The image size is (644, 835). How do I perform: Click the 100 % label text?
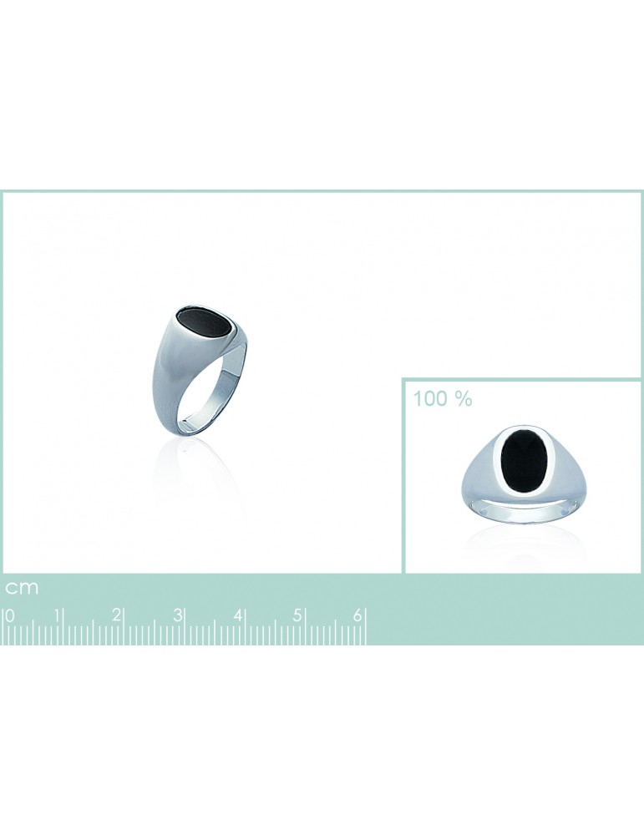[443, 398]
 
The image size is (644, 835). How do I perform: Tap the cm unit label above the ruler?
[22, 588]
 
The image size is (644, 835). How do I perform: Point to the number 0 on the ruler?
[9, 615]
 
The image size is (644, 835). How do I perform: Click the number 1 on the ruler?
[57, 615]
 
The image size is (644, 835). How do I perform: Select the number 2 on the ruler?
[116, 615]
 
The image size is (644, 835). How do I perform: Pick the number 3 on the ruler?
[177, 615]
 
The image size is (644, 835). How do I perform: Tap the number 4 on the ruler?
[237, 615]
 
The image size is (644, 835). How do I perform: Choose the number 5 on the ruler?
[297, 615]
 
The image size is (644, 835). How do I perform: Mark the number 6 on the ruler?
[357, 615]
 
